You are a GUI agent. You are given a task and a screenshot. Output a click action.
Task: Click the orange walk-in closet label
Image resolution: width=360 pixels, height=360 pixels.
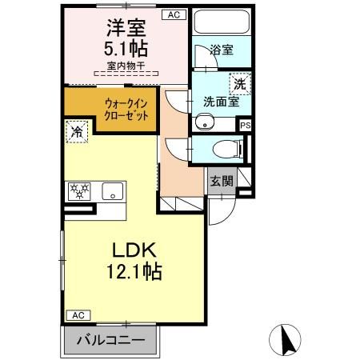coord(125,109)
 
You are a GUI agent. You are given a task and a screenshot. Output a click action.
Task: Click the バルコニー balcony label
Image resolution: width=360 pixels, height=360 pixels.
coord(111,340)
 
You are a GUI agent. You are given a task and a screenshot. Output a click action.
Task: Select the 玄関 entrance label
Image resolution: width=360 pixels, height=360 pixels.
coord(222,181)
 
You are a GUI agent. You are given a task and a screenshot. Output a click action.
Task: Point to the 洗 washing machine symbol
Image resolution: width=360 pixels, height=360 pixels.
coord(239,82)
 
